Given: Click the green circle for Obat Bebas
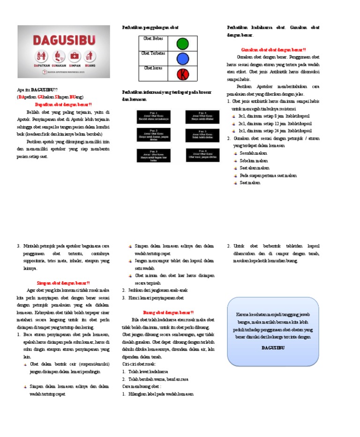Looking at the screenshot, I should point(182,44).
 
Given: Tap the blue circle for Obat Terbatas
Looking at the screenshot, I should point(182,58).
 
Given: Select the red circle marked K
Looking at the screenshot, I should point(182,74).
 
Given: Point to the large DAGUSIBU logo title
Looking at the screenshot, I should point(64,39).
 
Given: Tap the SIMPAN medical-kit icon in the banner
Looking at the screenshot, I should point(74,56).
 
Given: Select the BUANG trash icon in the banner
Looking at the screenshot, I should point(90,56).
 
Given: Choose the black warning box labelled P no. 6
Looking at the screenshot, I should point(202,155).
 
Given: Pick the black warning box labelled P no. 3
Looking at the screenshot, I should point(153,155).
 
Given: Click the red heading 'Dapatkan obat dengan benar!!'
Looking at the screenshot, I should point(64,105).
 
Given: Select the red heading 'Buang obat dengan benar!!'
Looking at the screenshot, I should point(168,312).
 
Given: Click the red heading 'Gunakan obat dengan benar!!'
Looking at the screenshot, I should point(273,50).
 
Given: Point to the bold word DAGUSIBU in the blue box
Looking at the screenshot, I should point(273,348).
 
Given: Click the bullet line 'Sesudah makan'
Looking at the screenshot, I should point(254,153).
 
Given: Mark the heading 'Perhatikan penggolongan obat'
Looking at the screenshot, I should point(150,28).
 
